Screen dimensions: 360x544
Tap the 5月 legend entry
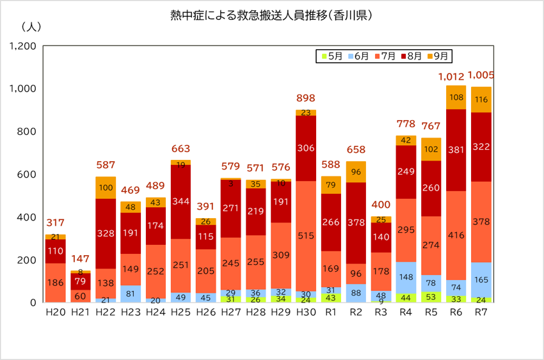331,56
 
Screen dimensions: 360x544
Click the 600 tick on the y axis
27,175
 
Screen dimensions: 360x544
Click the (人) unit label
31,27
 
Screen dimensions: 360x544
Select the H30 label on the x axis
306,312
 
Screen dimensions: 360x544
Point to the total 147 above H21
80,259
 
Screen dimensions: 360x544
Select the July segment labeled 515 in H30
306,236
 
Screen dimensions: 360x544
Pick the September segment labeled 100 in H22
105,187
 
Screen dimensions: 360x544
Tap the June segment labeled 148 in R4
406,277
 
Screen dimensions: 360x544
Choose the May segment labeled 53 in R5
431,297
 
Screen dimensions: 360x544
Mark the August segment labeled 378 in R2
356,223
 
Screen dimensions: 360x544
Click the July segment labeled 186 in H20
55,282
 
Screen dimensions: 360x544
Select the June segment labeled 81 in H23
130,293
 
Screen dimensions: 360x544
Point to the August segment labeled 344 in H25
180,201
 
